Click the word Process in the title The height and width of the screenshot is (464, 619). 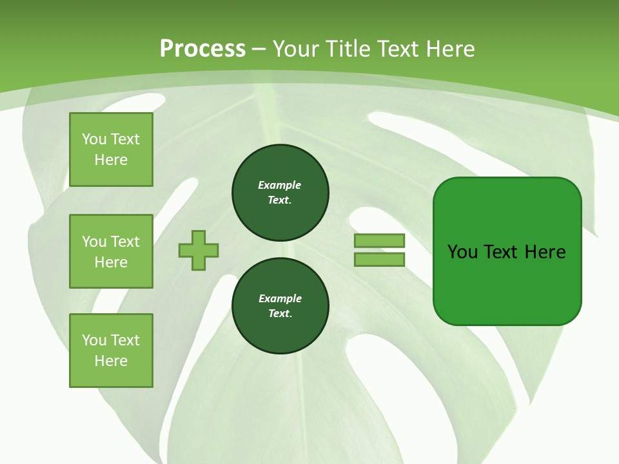pyautogui.click(x=202, y=49)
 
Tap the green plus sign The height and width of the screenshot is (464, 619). pyautogui.click(x=199, y=250)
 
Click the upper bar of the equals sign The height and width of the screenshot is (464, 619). pyautogui.click(x=379, y=240)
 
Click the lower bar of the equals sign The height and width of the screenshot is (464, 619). pyautogui.click(x=379, y=259)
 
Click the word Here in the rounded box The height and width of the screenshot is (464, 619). pyautogui.click(x=545, y=252)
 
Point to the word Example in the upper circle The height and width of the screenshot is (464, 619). pyautogui.click(x=279, y=185)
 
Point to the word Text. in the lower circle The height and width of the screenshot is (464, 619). pyautogui.click(x=280, y=314)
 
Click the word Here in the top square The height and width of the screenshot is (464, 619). pyautogui.click(x=111, y=160)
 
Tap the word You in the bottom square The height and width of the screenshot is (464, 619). pyautogui.click(x=94, y=340)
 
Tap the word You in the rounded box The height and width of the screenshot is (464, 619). pyautogui.click(x=462, y=252)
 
